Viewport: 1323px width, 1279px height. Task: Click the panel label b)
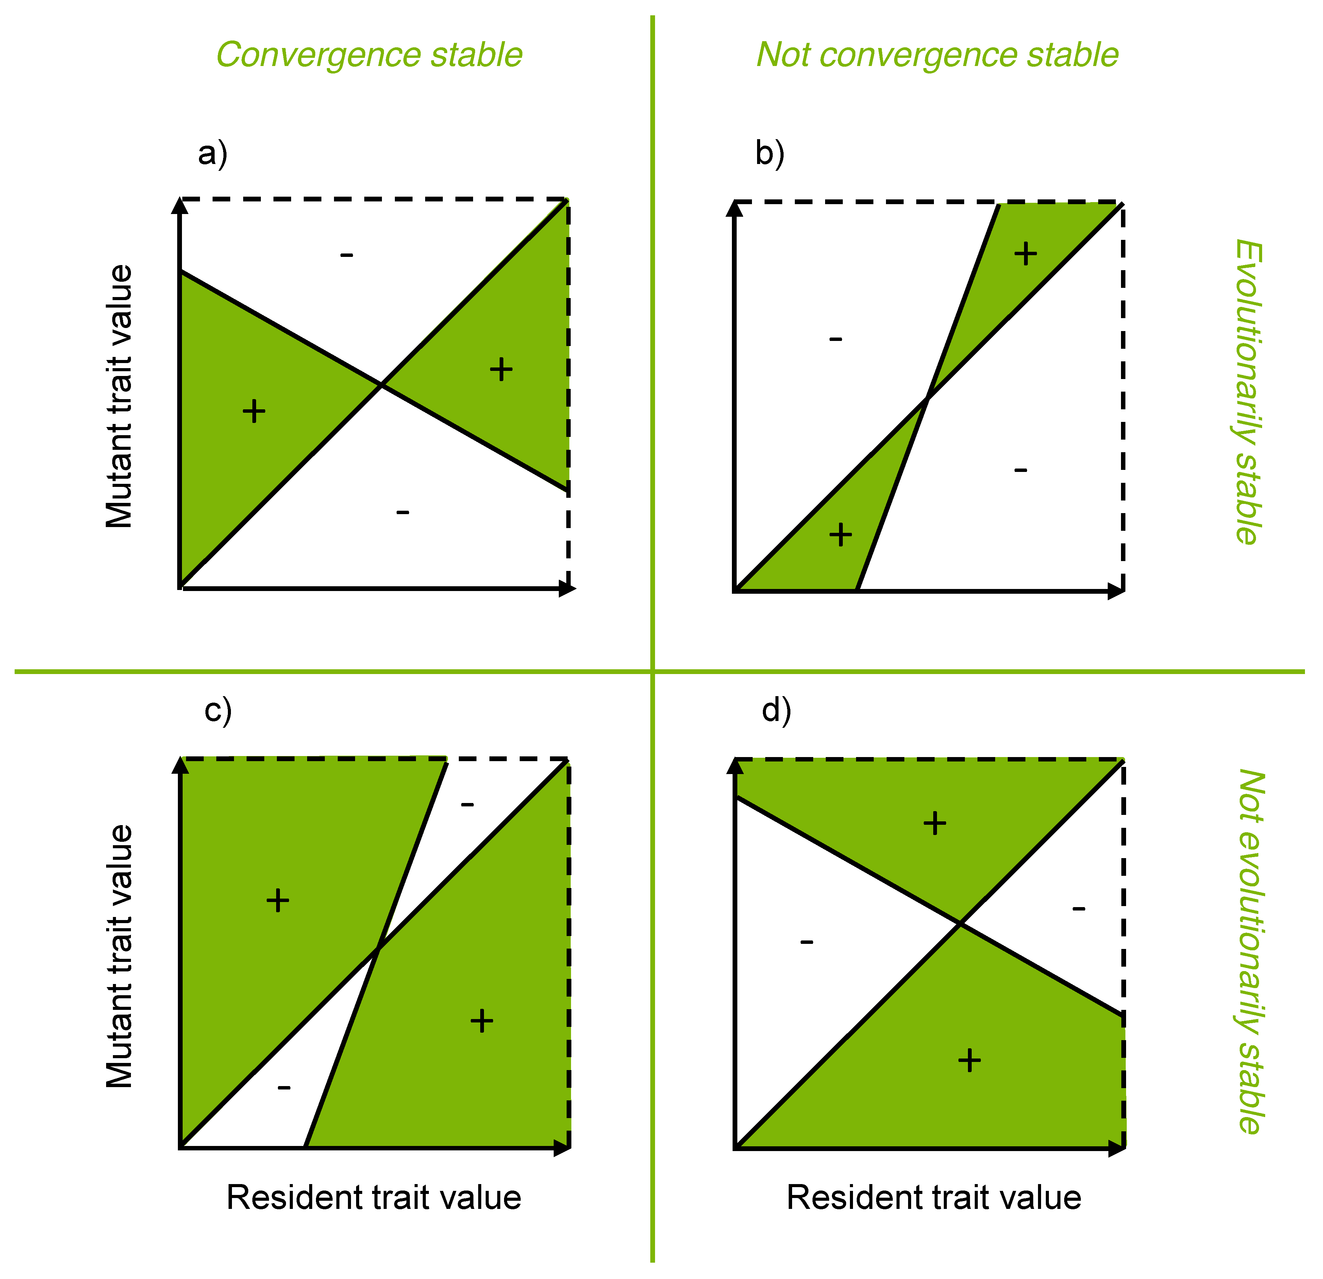coord(770,154)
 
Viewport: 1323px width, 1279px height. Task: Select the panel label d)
coord(776,711)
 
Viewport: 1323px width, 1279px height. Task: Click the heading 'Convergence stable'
coord(369,55)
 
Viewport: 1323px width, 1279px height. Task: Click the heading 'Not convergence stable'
coord(937,55)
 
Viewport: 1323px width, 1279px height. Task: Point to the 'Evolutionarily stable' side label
coord(1247,392)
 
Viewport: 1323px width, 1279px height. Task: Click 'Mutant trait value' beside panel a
coord(120,396)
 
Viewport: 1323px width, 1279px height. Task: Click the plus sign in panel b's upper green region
coord(1025,254)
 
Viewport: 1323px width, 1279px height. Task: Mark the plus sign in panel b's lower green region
coord(840,535)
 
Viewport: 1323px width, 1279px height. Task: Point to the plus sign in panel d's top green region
coord(935,823)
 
